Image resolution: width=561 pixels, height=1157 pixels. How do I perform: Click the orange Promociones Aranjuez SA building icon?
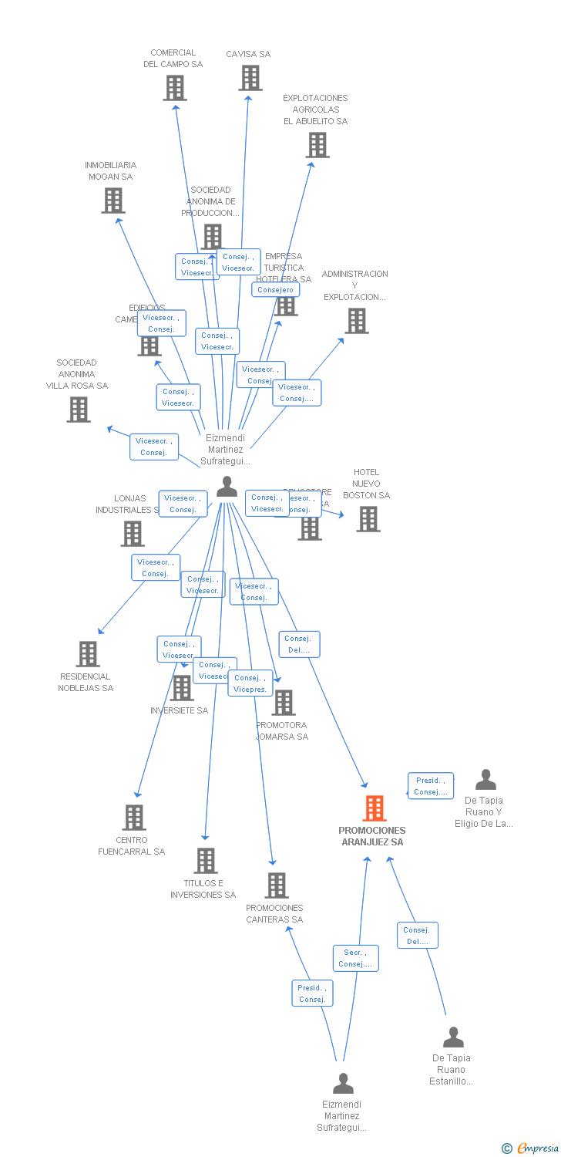(374, 808)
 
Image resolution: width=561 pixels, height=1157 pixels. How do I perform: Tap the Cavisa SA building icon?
(250, 78)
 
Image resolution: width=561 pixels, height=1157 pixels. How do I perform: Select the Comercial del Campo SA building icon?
(175, 88)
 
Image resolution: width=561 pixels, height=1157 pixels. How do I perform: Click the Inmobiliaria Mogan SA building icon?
(113, 201)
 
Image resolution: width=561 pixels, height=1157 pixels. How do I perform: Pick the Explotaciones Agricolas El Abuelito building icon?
(317, 145)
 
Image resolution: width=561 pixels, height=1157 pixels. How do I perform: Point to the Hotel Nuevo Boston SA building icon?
(368, 519)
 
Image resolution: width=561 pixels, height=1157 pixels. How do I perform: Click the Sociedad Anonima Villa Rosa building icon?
(79, 410)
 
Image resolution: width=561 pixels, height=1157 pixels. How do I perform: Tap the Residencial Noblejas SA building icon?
(88, 654)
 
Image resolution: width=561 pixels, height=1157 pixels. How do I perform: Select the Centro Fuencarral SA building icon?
(134, 818)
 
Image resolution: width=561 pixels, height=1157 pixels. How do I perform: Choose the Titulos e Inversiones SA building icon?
(205, 861)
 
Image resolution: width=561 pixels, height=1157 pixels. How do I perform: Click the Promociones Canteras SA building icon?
(277, 885)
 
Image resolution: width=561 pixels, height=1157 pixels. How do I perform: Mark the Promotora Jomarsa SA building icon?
(283, 703)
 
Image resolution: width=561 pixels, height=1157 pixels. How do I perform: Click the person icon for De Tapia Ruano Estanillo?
(453, 1037)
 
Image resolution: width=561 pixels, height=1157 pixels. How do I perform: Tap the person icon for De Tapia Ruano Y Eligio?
(485, 780)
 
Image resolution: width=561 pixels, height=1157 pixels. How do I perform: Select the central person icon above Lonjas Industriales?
(227, 487)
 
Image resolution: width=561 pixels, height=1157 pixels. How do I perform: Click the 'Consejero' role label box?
(275, 290)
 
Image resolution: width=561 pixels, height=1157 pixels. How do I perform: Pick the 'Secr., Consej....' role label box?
(355, 958)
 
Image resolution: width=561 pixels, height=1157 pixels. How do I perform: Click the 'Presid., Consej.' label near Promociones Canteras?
(312, 993)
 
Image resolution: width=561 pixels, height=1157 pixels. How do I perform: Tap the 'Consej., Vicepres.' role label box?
(250, 683)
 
